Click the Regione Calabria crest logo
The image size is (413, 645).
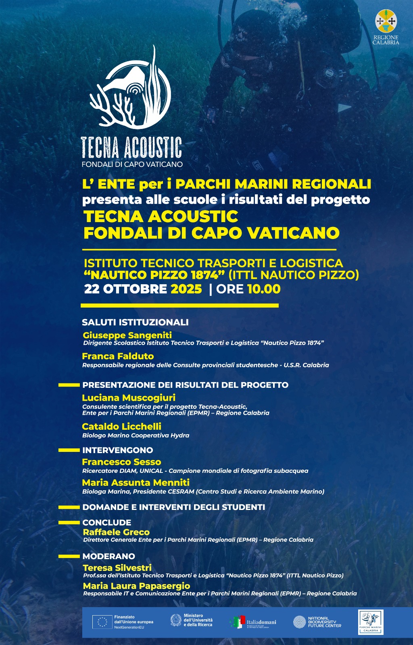386,21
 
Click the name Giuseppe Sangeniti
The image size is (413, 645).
127,335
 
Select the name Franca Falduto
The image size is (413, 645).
118,356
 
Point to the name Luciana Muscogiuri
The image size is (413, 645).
129,397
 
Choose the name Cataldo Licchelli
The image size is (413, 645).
121,426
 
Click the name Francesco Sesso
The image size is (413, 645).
121,462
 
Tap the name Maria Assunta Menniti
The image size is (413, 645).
136,483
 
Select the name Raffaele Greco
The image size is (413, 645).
116,532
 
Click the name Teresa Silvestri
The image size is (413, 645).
117,568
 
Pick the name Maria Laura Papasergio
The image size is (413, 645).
136,586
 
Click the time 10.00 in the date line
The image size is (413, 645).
264,289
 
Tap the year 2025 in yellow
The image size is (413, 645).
186,289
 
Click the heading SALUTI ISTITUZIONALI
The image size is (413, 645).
135,322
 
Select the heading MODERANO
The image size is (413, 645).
108,556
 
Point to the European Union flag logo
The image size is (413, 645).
102,622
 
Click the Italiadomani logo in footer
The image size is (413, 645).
253,622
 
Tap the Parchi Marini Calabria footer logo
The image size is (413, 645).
371,622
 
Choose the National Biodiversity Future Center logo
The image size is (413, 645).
317,622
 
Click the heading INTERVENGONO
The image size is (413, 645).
117,450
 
